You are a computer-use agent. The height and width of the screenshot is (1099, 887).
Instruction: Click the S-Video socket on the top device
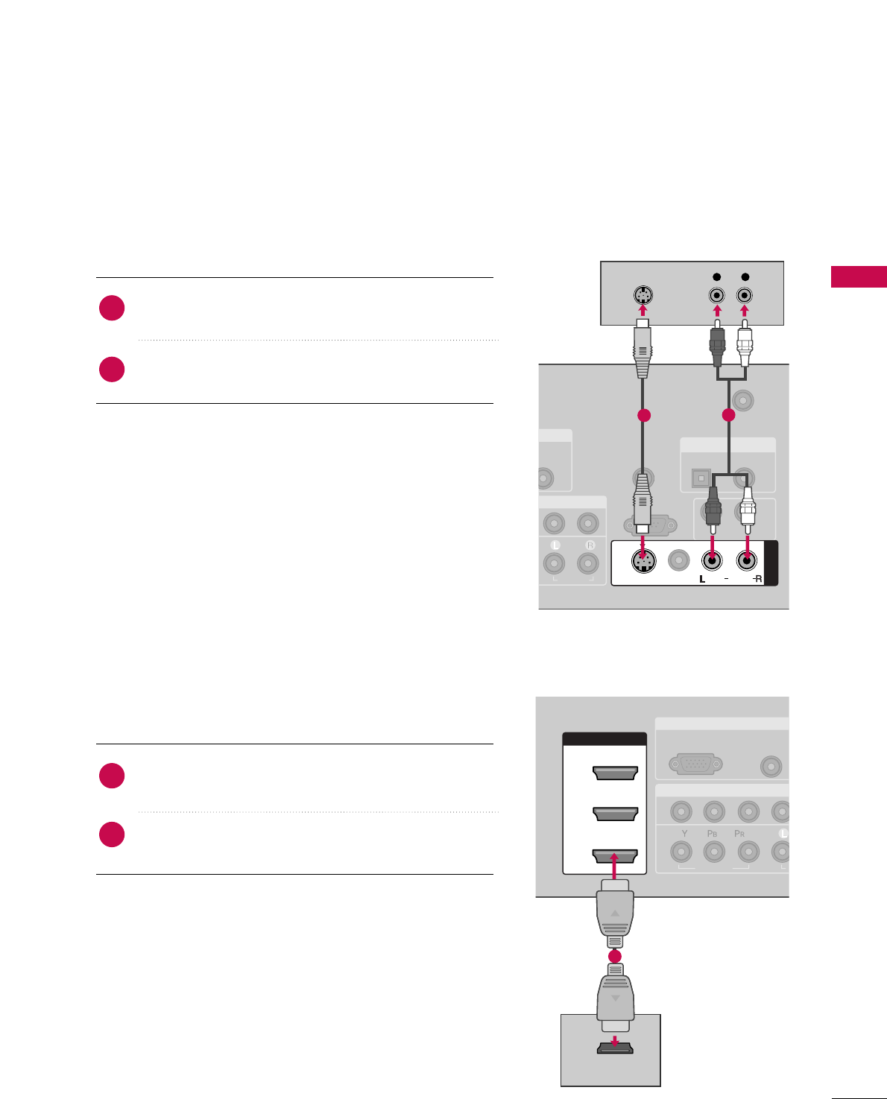[x=643, y=295]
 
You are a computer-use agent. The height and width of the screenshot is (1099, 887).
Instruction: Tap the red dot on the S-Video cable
[x=644, y=416]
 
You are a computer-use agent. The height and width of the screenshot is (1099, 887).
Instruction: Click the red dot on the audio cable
[x=728, y=416]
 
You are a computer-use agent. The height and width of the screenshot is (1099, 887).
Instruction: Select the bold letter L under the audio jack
[x=702, y=579]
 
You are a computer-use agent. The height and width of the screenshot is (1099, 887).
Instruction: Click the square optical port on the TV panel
[x=700, y=475]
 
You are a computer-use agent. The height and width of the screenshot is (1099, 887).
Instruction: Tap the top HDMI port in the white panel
[x=615, y=773]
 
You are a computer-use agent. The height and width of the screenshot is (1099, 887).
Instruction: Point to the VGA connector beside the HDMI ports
[x=695, y=764]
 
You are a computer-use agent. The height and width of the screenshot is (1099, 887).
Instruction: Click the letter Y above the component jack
[x=680, y=834]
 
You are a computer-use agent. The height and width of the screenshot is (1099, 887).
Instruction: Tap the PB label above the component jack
[x=713, y=834]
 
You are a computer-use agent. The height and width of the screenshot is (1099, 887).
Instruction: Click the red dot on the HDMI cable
[x=615, y=956]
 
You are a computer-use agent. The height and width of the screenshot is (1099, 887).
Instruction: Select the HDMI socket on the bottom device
[x=615, y=1048]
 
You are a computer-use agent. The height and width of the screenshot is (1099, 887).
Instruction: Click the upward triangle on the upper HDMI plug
[x=615, y=913]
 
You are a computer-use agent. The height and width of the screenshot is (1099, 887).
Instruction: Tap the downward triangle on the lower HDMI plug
[x=615, y=998]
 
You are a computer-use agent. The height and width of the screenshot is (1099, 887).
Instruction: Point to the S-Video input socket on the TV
[x=643, y=561]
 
